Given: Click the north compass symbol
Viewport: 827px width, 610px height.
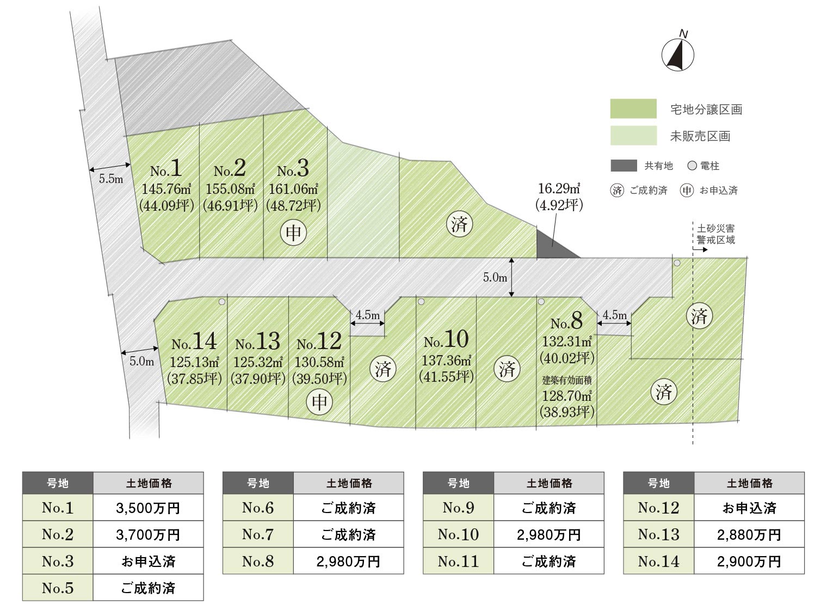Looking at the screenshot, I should (677, 54).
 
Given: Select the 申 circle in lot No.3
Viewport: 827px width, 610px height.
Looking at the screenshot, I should (294, 233).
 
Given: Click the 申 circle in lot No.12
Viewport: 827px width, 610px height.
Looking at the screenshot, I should (319, 402).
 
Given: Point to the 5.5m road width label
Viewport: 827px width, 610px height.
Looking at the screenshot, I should (111, 179).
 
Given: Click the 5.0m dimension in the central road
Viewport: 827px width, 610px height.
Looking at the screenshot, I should (495, 277).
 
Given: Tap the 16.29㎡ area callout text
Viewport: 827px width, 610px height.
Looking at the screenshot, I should (559, 189).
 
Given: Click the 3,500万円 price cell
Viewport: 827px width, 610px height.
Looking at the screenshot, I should (148, 508).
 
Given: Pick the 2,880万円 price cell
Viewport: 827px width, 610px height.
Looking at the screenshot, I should (749, 535).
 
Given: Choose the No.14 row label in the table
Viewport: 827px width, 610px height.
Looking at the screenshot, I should (658, 562).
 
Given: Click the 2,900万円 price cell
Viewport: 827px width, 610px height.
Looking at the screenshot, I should (749, 562).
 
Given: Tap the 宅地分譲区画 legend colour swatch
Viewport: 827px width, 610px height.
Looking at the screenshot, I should (633, 109).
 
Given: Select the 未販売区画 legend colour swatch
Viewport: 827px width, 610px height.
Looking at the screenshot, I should (633, 136).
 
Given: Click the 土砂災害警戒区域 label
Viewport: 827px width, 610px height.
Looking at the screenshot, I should (715, 234).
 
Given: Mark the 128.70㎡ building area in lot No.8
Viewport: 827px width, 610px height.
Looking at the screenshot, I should (566, 396).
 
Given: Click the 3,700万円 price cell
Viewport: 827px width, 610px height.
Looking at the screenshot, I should (148, 535).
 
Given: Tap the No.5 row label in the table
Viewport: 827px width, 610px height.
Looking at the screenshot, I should (58, 588).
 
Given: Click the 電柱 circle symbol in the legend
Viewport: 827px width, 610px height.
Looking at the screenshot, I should (692, 166).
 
